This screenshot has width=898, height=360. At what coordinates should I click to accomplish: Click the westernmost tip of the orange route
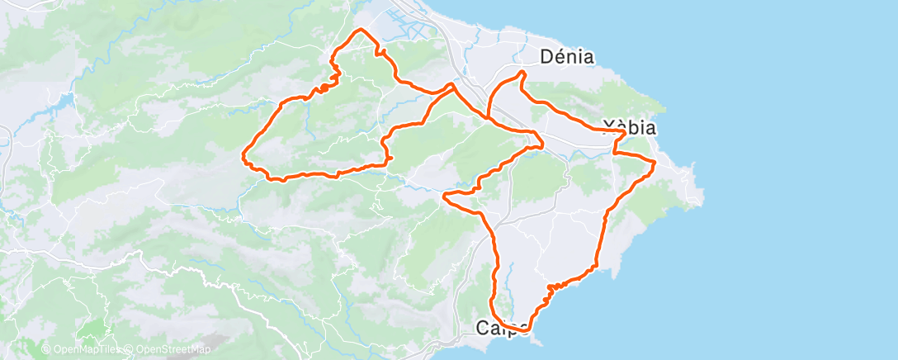pyautogui.click(x=243, y=154)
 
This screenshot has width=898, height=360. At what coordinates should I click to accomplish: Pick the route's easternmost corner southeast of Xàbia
pyautogui.click(x=655, y=163)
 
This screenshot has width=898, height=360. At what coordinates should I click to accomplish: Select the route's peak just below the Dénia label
pyautogui.click(x=521, y=73)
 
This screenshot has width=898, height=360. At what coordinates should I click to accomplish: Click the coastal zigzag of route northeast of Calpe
pyautogui.click(x=551, y=288)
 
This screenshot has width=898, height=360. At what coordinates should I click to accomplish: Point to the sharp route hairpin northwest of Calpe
pyautogui.click(x=446, y=197)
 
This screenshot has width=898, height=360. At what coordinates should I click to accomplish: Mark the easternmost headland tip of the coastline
pyautogui.click(x=703, y=198)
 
